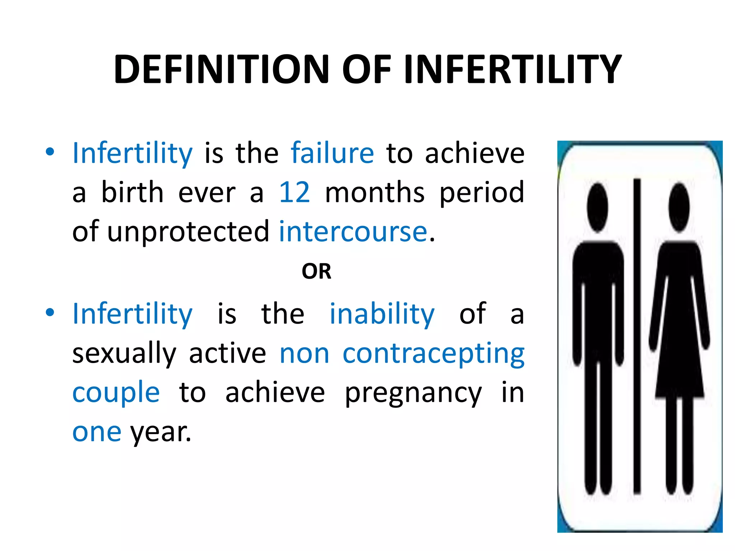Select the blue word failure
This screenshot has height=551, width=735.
pyautogui.click(x=332, y=153)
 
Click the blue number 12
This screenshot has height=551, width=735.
pyautogui.click(x=294, y=193)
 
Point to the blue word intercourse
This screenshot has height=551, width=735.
pyautogui.click(x=353, y=232)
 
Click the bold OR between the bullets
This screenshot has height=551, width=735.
pyautogui.click(x=316, y=272)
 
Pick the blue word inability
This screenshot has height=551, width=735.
pyautogui.click(x=382, y=314)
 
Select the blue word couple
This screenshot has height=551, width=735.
pyautogui.click(x=116, y=392)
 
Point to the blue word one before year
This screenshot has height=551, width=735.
pyautogui.click(x=97, y=432)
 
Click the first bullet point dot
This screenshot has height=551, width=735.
pyautogui.click(x=50, y=152)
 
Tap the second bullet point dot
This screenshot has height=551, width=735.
pyautogui.click(x=50, y=312)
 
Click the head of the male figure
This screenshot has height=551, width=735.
pyautogui.click(x=598, y=207)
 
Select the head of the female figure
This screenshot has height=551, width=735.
pyautogui.click(x=679, y=207)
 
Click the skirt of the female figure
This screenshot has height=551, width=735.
pyautogui.click(x=679, y=369)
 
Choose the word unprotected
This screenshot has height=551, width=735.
pyautogui.click(x=188, y=232)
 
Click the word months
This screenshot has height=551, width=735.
pyautogui.click(x=375, y=193)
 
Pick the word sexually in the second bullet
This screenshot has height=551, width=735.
pyautogui.click(x=124, y=354)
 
